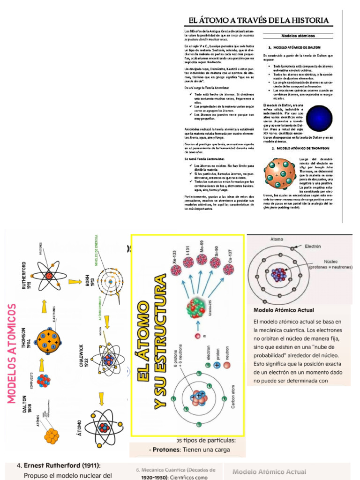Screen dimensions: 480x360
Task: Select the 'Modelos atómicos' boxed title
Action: click(298, 36)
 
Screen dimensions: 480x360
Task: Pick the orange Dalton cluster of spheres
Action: click(52, 435)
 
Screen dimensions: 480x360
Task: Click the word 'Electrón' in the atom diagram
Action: click(313, 246)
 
